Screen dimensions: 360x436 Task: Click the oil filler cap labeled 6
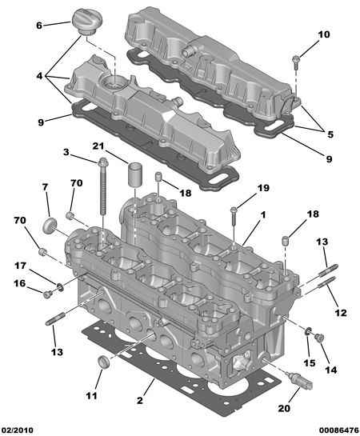pos(87,22)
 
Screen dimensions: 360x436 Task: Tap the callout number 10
pos(323,34)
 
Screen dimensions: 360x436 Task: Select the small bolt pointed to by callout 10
pos(296,62)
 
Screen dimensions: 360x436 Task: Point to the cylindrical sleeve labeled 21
pos(135,174)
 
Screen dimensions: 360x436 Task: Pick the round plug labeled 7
pos(50,226)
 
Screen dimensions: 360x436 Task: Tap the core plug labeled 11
pos(103,362)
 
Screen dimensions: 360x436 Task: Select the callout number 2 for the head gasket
pos(139,401)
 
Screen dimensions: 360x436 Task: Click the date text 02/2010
pos(17,430)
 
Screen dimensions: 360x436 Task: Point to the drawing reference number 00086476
pos(339,430)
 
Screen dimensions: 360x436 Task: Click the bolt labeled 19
pos(234,215)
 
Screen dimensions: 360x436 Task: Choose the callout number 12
pos(341,313)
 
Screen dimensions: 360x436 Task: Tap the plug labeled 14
pos(319,338)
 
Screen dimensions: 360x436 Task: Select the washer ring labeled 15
pos(308,331)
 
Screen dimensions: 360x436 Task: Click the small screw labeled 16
pos(47,294)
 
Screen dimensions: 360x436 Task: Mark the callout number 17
pos(20,266)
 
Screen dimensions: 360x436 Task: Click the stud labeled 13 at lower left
pos(55,319)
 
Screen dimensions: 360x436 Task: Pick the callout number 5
pos(330,134)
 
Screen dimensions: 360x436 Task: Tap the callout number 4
pos(40,75)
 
